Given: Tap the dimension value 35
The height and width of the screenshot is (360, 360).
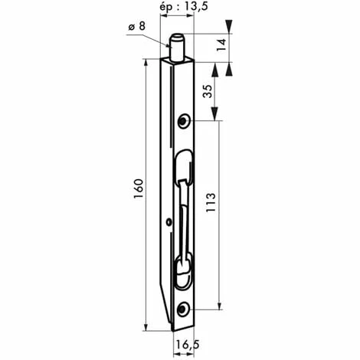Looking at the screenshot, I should (208, 93).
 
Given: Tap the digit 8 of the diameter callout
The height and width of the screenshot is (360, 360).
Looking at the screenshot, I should (142, 28).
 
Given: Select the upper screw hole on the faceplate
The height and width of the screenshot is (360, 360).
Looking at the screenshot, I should (184, 121).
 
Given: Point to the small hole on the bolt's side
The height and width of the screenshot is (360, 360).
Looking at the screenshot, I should (168, 223).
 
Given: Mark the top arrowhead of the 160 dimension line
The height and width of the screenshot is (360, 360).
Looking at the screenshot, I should (145, 66).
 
